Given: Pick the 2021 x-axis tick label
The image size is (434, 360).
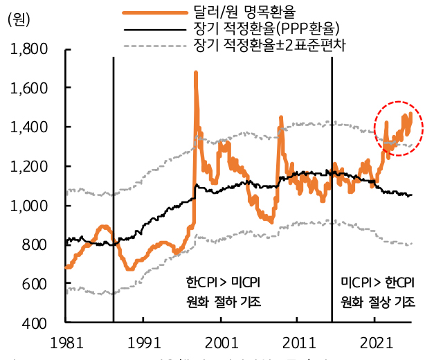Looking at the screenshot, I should (x=374, y=341).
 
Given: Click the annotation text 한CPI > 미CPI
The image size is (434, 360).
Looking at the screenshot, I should (x=223, y=284).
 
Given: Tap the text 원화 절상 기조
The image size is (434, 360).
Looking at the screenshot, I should (x=378, y=302).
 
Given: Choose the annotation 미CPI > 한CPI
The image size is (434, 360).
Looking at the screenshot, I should (x=378, y=284).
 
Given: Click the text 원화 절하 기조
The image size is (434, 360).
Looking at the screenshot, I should (x=223, y=302).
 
